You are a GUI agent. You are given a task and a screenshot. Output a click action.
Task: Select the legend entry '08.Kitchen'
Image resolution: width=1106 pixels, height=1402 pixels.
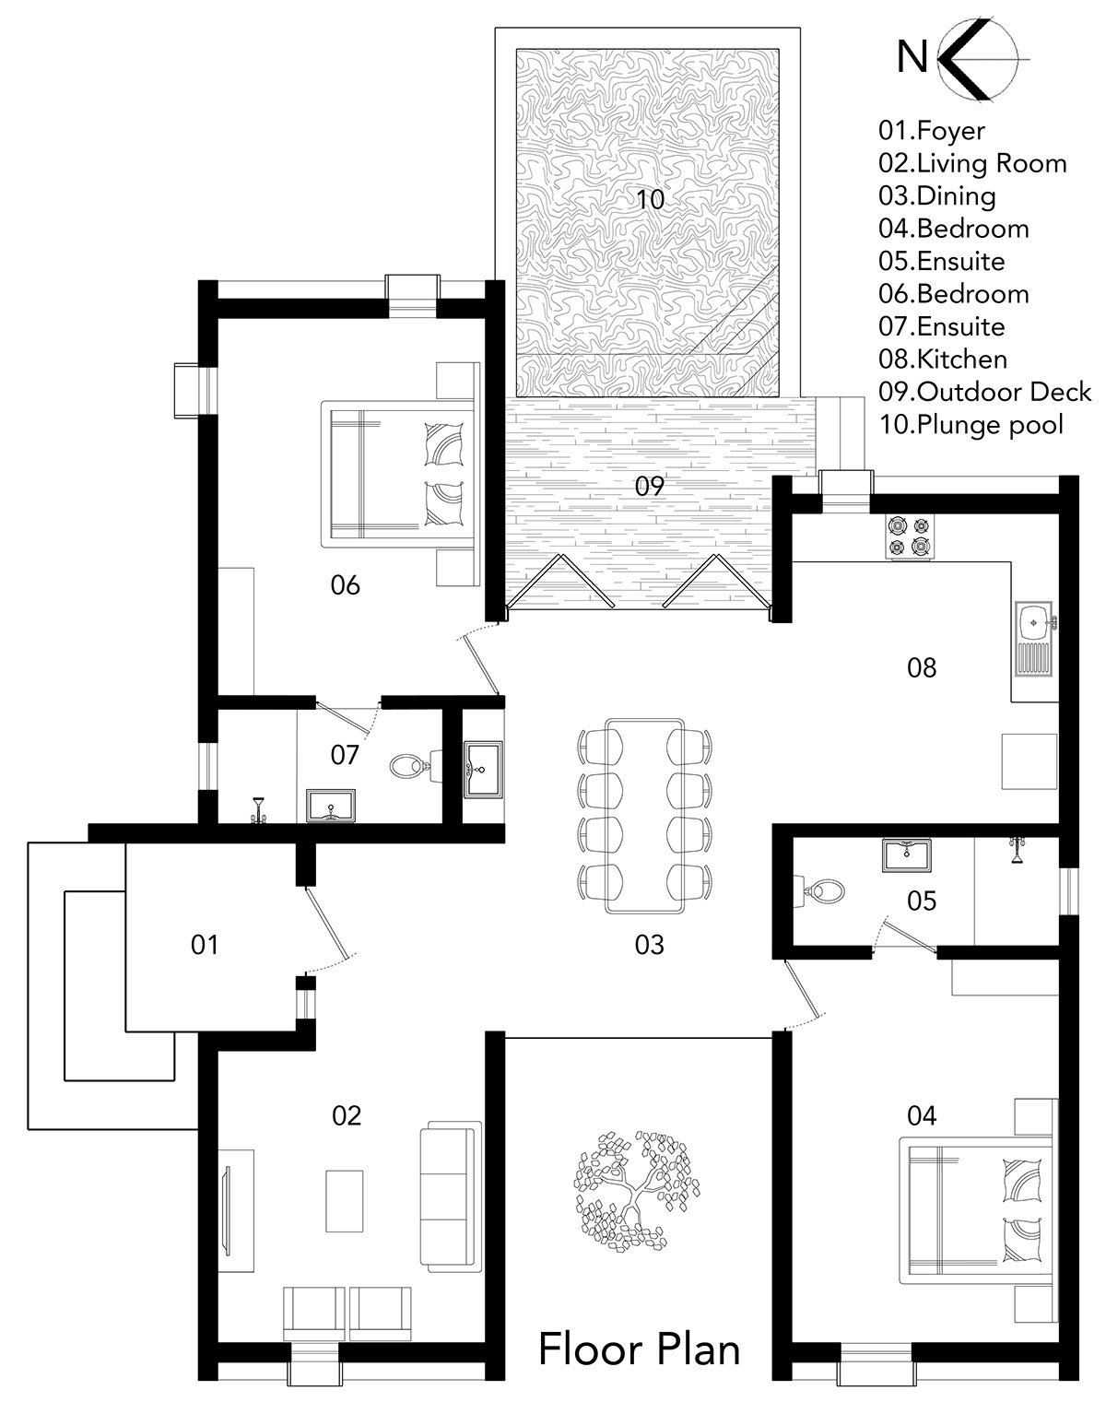[x=943, y=359]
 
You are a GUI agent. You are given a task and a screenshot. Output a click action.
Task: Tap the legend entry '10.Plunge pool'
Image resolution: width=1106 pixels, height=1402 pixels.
[x=971, y=425]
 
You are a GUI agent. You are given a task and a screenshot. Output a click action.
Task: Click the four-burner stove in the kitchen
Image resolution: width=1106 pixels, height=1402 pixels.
[x=909, y=536]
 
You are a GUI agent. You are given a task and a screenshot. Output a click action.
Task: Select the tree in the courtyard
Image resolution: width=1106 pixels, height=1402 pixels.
[x=636, y=1192]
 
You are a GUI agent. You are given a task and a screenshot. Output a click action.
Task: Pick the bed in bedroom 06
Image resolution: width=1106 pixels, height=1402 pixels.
[x=400, y=474]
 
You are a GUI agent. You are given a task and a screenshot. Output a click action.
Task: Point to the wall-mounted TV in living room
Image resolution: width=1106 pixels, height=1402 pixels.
[x=227, y=1210]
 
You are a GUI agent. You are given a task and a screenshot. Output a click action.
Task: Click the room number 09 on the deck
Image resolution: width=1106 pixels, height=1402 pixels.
[x=649, y=486]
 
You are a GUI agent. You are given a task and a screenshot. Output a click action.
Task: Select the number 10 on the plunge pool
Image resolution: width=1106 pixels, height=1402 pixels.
[x=650, y=199]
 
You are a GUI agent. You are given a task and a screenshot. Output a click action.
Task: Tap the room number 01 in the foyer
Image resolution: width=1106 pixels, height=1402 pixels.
[x=204, y=945]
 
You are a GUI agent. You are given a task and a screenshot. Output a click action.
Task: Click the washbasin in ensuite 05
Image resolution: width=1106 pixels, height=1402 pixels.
[x=907, y=854]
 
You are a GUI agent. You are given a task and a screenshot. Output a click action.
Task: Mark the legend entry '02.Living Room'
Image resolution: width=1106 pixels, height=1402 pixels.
[x=972, y=163]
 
